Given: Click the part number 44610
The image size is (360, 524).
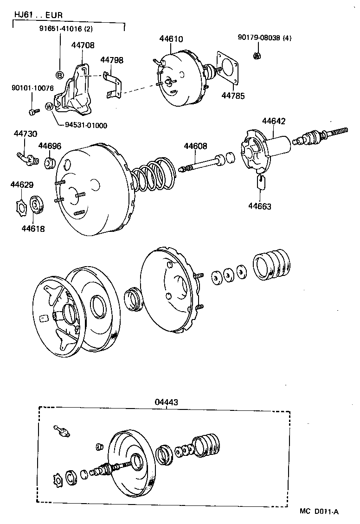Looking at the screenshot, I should pos(171,40).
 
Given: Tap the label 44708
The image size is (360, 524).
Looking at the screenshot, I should pos(83,45).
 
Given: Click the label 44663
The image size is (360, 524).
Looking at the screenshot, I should pos(260,206).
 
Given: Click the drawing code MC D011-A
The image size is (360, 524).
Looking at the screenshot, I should pos(319,511).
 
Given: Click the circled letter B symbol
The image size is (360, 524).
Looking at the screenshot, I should pos(59,75).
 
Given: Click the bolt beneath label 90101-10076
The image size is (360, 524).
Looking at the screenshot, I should pos(32,111).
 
